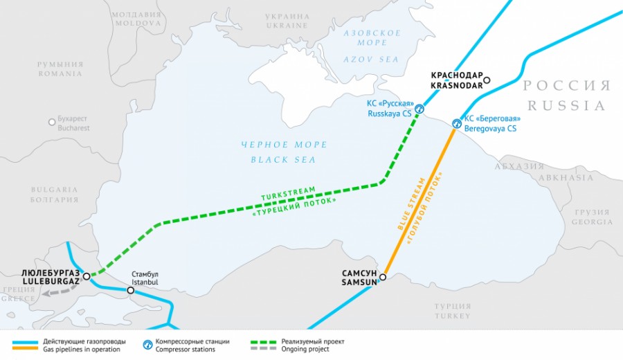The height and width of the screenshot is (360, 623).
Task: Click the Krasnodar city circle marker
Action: [487, 80]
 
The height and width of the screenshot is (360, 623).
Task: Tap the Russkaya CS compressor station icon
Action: [419, 109]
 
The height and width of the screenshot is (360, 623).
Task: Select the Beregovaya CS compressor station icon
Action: [456, 124]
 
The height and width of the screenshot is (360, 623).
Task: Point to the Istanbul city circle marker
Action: [131, 291]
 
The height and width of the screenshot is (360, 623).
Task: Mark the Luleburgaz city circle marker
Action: [87, 276]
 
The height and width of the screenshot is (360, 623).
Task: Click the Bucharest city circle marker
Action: [52, 122]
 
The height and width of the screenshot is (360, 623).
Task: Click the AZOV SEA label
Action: [371, 60]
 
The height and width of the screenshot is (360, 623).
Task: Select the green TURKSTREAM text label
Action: [287, 193]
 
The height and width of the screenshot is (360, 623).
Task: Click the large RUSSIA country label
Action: [566, 106]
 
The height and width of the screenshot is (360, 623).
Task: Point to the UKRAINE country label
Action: [287, 26]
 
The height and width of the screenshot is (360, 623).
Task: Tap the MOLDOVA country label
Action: [136, 24]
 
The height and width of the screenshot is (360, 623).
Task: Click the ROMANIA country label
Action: [60, 73]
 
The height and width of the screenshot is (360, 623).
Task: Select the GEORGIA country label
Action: [592, 222]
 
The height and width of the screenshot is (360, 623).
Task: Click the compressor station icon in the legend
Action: [147, 344]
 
